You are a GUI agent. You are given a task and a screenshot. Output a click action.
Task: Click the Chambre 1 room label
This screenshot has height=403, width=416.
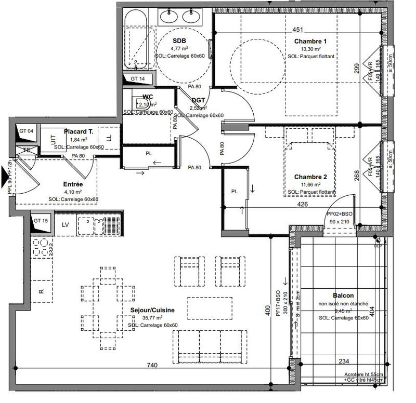310,42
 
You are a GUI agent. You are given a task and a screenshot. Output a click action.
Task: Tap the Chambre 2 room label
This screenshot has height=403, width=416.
310,177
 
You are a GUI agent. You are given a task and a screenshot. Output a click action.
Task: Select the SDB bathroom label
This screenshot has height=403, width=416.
179,41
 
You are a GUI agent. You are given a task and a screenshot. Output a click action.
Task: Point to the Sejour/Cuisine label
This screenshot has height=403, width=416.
152,310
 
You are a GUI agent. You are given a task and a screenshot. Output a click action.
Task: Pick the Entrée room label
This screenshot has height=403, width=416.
73,184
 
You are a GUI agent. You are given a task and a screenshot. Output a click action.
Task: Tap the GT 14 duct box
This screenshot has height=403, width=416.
137,78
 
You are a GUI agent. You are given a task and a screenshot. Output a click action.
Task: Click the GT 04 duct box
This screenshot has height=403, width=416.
26,131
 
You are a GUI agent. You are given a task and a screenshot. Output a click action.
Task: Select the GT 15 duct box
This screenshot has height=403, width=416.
41,221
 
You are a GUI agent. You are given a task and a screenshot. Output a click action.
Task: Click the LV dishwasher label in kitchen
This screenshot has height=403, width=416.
66,225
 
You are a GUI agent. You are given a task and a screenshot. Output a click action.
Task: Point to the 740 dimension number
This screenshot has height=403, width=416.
152,366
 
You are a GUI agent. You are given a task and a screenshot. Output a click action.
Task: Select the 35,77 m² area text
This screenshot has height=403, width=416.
152,318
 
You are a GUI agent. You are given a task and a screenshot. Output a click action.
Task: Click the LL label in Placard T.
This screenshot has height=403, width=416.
109,138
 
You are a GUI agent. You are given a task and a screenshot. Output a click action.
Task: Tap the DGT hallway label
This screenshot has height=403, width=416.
198,100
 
